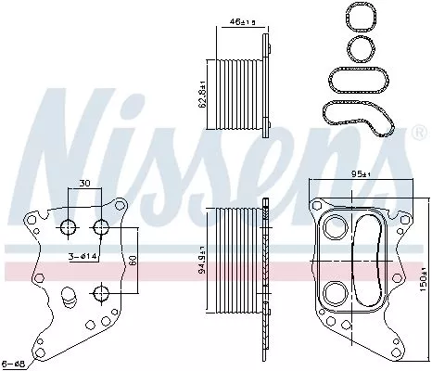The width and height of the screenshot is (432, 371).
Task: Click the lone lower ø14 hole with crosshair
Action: [99, 294]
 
